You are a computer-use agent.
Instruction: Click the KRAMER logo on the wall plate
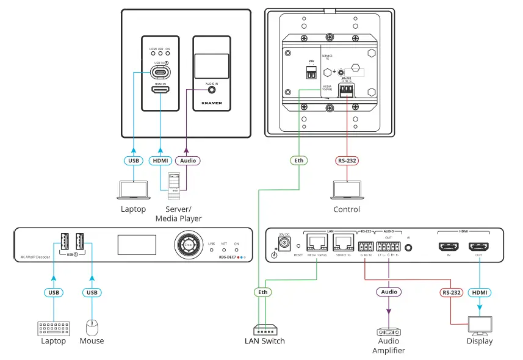pos(211,103)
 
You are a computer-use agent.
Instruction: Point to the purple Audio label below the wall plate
pos(187,161)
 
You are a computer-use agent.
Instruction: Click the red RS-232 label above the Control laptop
pos(347,161)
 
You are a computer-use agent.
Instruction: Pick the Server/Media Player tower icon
pos(176,184)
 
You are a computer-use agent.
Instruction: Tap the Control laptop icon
pos(346,190)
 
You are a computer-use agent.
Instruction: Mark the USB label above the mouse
pos(92,292)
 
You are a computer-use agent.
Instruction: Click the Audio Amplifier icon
pos(389,333)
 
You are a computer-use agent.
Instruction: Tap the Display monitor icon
pos(480,325)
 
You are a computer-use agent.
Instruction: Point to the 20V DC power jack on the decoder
pos(283,244)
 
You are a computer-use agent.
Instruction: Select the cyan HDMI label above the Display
pos(480,292)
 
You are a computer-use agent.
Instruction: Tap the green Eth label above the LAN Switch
pos(262,292)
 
